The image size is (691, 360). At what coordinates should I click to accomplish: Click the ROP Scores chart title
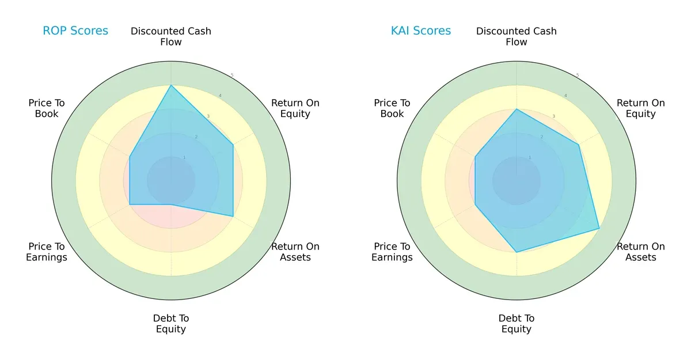(75, 31)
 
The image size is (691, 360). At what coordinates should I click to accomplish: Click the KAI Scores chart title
(421, 31)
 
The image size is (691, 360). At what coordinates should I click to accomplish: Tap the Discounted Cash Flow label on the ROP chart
(171, 36)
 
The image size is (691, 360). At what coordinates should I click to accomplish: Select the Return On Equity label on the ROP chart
(295, 108)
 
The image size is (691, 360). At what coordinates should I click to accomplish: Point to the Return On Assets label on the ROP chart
(295, 252)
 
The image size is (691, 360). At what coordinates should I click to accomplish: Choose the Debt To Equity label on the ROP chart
(171, 324)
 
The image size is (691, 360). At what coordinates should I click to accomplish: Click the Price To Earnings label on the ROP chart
(47, 252)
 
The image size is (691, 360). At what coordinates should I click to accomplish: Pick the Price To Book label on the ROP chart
(47, 108)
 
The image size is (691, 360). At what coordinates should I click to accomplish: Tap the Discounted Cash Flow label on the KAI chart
(517, 36)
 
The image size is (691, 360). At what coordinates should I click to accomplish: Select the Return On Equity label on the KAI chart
(641, 108)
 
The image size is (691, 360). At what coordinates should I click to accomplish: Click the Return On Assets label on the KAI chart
(641, 252)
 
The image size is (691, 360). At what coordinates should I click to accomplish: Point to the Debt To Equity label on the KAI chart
(517, 324)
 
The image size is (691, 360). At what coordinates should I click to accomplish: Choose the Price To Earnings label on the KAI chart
(392, 252)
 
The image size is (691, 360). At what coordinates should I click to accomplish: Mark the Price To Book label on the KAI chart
(392, 108)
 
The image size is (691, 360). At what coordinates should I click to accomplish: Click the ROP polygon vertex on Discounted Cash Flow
(171, 85)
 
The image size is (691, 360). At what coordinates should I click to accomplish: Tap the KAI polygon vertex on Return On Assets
(599, 228)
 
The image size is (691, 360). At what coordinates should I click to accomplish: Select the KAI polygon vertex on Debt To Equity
(517, 252)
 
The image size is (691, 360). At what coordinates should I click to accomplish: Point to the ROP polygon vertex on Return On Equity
(233, 145)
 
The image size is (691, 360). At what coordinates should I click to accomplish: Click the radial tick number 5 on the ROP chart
(232, 75)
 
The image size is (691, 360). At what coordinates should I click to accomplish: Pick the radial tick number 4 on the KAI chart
(565, 96)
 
